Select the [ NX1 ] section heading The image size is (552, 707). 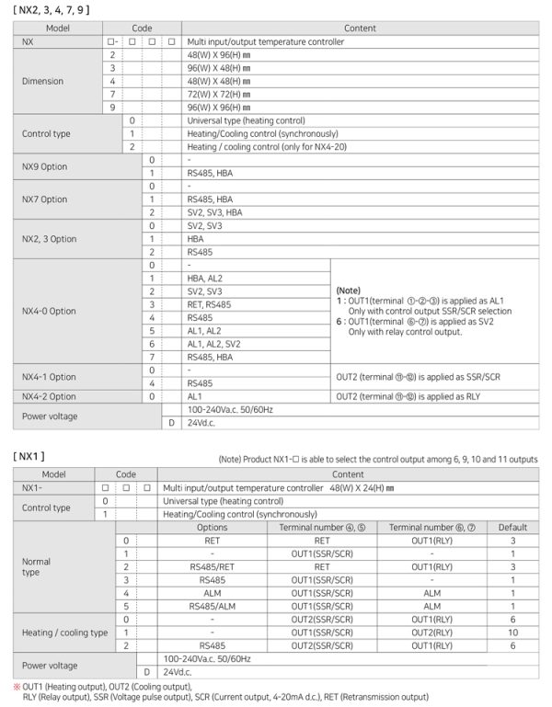click(31, 456)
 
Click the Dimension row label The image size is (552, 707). click(42, 81)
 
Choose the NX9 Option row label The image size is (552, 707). click(44, 166)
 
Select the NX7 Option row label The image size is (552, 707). click(44, 199)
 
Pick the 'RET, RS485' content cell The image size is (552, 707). click(211, 303)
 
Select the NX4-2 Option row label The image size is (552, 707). click(49, 396)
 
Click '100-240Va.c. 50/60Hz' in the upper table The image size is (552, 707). click(228, 408)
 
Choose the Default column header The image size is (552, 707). click(512, 528)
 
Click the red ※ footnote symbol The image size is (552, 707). click(17, 686)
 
